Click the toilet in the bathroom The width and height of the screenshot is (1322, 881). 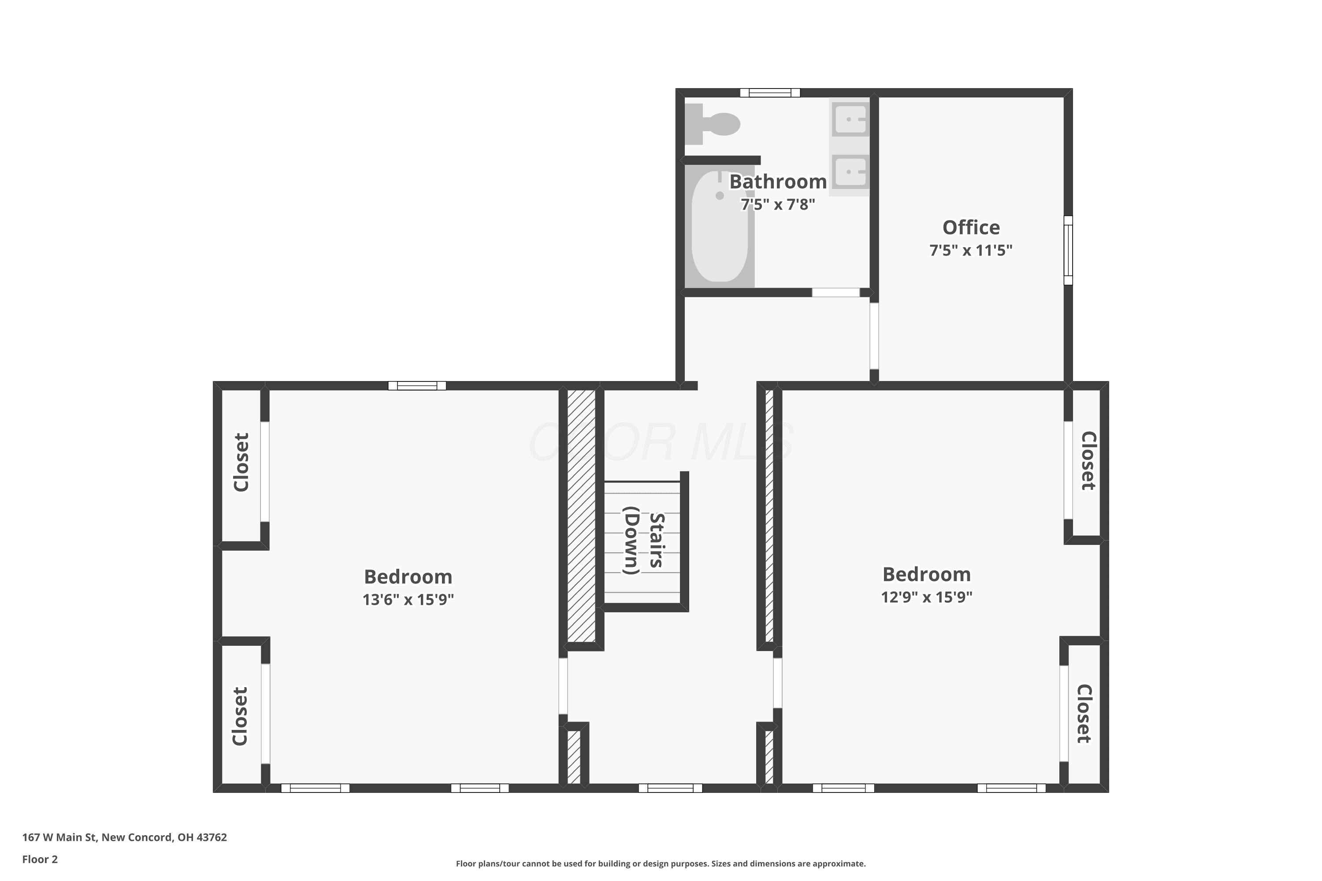click(x=712, y=124)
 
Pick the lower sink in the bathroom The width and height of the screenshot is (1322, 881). click(x=850, y=171)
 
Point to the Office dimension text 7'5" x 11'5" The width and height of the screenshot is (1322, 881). click(x=971, y=250)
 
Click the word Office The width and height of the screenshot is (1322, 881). click(x=971, y=228)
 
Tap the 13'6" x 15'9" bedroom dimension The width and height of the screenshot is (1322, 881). click(x=408, y=600)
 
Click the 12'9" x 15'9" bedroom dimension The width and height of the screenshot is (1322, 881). click(x=926, y=597)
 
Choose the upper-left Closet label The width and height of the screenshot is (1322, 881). click(x=241, y=463)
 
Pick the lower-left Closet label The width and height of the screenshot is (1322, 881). click(x=240, y=716)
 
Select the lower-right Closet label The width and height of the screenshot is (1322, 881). click(x=1084, y=714)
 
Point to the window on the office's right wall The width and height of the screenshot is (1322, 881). click(x=1068, y=250)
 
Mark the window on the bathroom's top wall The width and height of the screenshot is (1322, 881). click(x=769, y=93)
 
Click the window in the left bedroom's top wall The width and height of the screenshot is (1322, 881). click(x=417, y=385)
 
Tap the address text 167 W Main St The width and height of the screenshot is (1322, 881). click(x=59, y=837)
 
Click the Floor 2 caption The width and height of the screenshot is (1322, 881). click(x=40, y=859)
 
